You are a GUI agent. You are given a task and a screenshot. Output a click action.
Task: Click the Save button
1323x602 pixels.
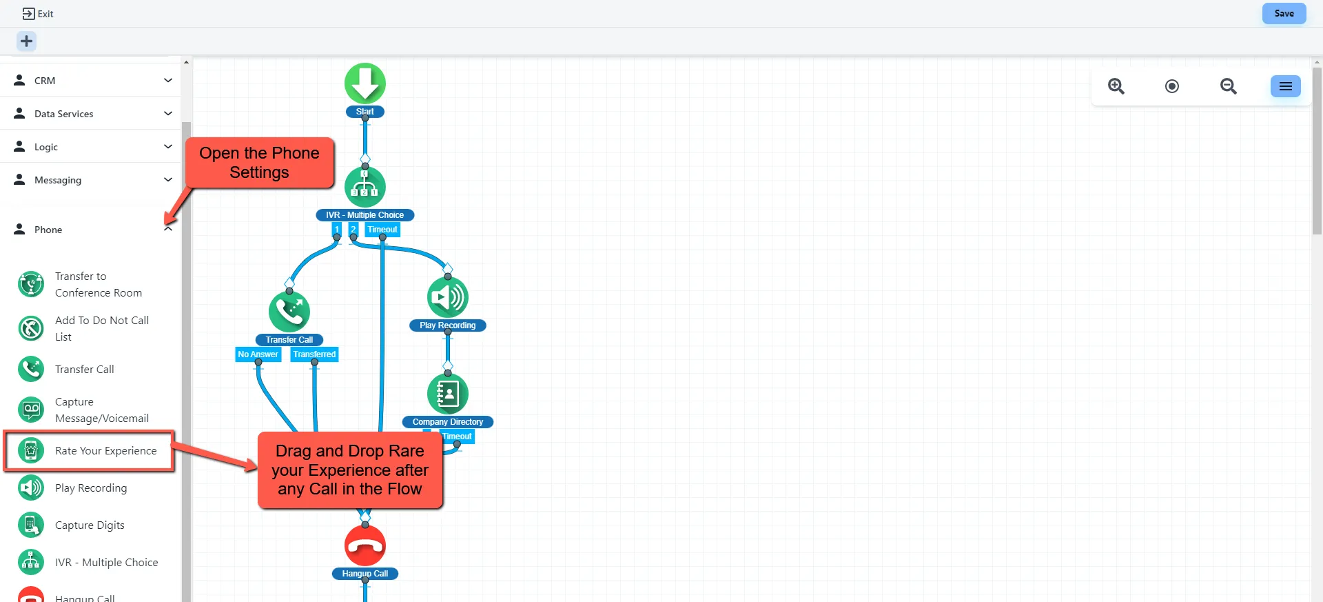click(1283, 14)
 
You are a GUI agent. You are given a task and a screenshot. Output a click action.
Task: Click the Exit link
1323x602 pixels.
click(38, 14)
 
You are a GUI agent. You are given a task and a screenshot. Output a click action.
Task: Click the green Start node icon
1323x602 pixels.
click(365, 83)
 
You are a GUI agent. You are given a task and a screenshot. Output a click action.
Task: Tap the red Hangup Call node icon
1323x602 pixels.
click(365, 545)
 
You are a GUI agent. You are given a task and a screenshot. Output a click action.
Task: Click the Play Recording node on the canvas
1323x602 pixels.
click(447, 297)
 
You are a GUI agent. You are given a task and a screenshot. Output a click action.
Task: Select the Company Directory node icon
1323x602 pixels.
click(447, 394)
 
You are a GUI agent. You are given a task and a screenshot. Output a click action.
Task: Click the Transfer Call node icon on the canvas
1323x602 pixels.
click(289, 312)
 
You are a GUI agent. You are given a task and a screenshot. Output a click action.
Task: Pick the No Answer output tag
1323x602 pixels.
click(258, 354)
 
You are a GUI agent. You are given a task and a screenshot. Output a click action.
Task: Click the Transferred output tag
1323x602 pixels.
click(314, 354)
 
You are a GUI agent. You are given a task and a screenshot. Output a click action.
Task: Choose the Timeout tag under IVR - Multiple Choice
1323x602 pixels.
click(382, 230)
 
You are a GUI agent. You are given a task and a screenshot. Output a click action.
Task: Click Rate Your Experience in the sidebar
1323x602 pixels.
click(105, 451)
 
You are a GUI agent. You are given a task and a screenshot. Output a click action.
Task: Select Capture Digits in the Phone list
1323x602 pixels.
click(90, 525)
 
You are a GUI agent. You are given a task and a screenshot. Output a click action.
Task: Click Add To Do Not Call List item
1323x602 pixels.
click(101, 328)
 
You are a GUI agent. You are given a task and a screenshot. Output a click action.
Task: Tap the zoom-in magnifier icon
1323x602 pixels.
click(1116, 86)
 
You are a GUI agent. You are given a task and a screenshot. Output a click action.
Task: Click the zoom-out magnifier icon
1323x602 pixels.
click(1228, 86)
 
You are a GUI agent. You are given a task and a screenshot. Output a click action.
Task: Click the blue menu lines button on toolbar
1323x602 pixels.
click(1285, 86)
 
